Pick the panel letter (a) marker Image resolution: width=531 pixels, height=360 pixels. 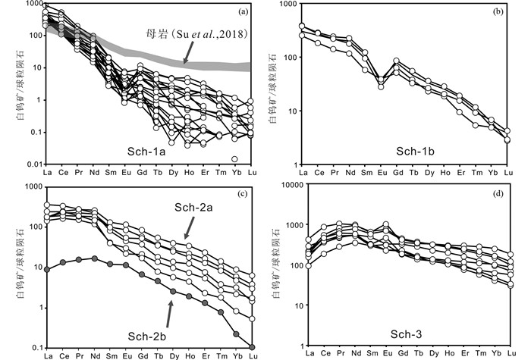point(243,11)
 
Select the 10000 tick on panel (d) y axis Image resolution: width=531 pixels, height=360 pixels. point(284,185)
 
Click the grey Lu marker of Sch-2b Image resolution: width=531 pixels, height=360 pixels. point(253,346)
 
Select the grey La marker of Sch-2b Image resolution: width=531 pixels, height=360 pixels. point(47,269)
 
